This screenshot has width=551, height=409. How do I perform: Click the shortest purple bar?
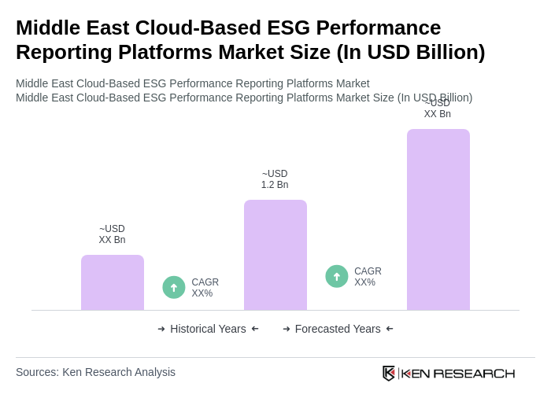pyautogui.click(x=113, y=282)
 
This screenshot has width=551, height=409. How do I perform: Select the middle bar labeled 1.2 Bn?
pyautogui.click(x=275, y=255)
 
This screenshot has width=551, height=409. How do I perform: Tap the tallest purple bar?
pyautogui.click(x=438, y=219)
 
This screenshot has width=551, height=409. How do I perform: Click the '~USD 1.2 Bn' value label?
pyautogui.click(x=275, y=179)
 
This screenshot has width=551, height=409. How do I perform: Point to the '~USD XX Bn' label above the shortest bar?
pyautogui.click(x=112, y=234)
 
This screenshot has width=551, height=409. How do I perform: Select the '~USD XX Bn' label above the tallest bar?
pyautogui.click(x=438, y=109)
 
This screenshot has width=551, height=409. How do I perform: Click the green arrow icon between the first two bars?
pyautogui.click(x=174, y=287)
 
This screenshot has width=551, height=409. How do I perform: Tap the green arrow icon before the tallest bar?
pyautogui.click(x=337, y=276)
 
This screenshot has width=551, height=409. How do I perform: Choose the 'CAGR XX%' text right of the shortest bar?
pyautogui.click(x=205, y=288)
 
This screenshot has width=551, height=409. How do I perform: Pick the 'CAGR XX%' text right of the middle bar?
pyautogui.click(x=368, y=277)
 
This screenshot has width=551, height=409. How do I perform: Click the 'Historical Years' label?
pyautogui.click(x=208, y=329)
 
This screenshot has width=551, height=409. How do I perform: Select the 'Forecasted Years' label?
pyautogui.click(x=338, y=329)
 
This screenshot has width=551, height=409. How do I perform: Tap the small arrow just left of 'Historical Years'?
pyautogui.click(x=161, y=329)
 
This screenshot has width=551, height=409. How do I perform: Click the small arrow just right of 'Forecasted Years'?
pyautogui.click(x=390, y=329)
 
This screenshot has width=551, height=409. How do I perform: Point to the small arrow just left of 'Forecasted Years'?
pyautogui.click(x=287, y=329)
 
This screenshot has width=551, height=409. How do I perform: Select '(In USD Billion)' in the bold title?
pyautogui.click(x=410, y=52)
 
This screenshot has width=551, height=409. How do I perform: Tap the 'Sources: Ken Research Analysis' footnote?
pyautogui.click(x=95, y=372)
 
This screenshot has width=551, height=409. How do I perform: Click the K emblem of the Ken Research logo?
pyautogui.click(x=389, y=373)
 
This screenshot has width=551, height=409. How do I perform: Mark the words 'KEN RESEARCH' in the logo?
pyautogui.click(x=458, y=373)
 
